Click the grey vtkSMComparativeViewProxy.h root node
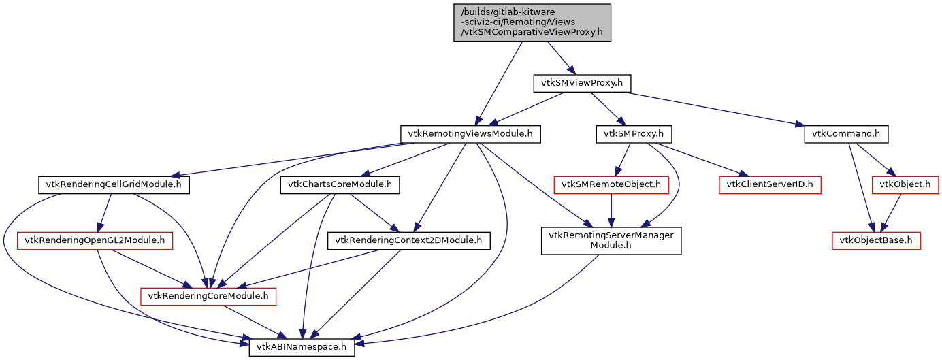point(532,22)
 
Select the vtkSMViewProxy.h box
point(581,84)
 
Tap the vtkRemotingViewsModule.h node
point(470,134)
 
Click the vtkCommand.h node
point(846,134)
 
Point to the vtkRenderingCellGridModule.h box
point(114,184)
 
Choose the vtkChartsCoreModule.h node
point(340,184)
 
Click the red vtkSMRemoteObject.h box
point(611,184)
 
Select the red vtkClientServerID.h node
point(770,184)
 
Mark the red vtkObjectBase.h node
point(876,240)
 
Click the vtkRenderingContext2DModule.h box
point(409,240)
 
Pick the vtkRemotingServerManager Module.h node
point(611,241)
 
